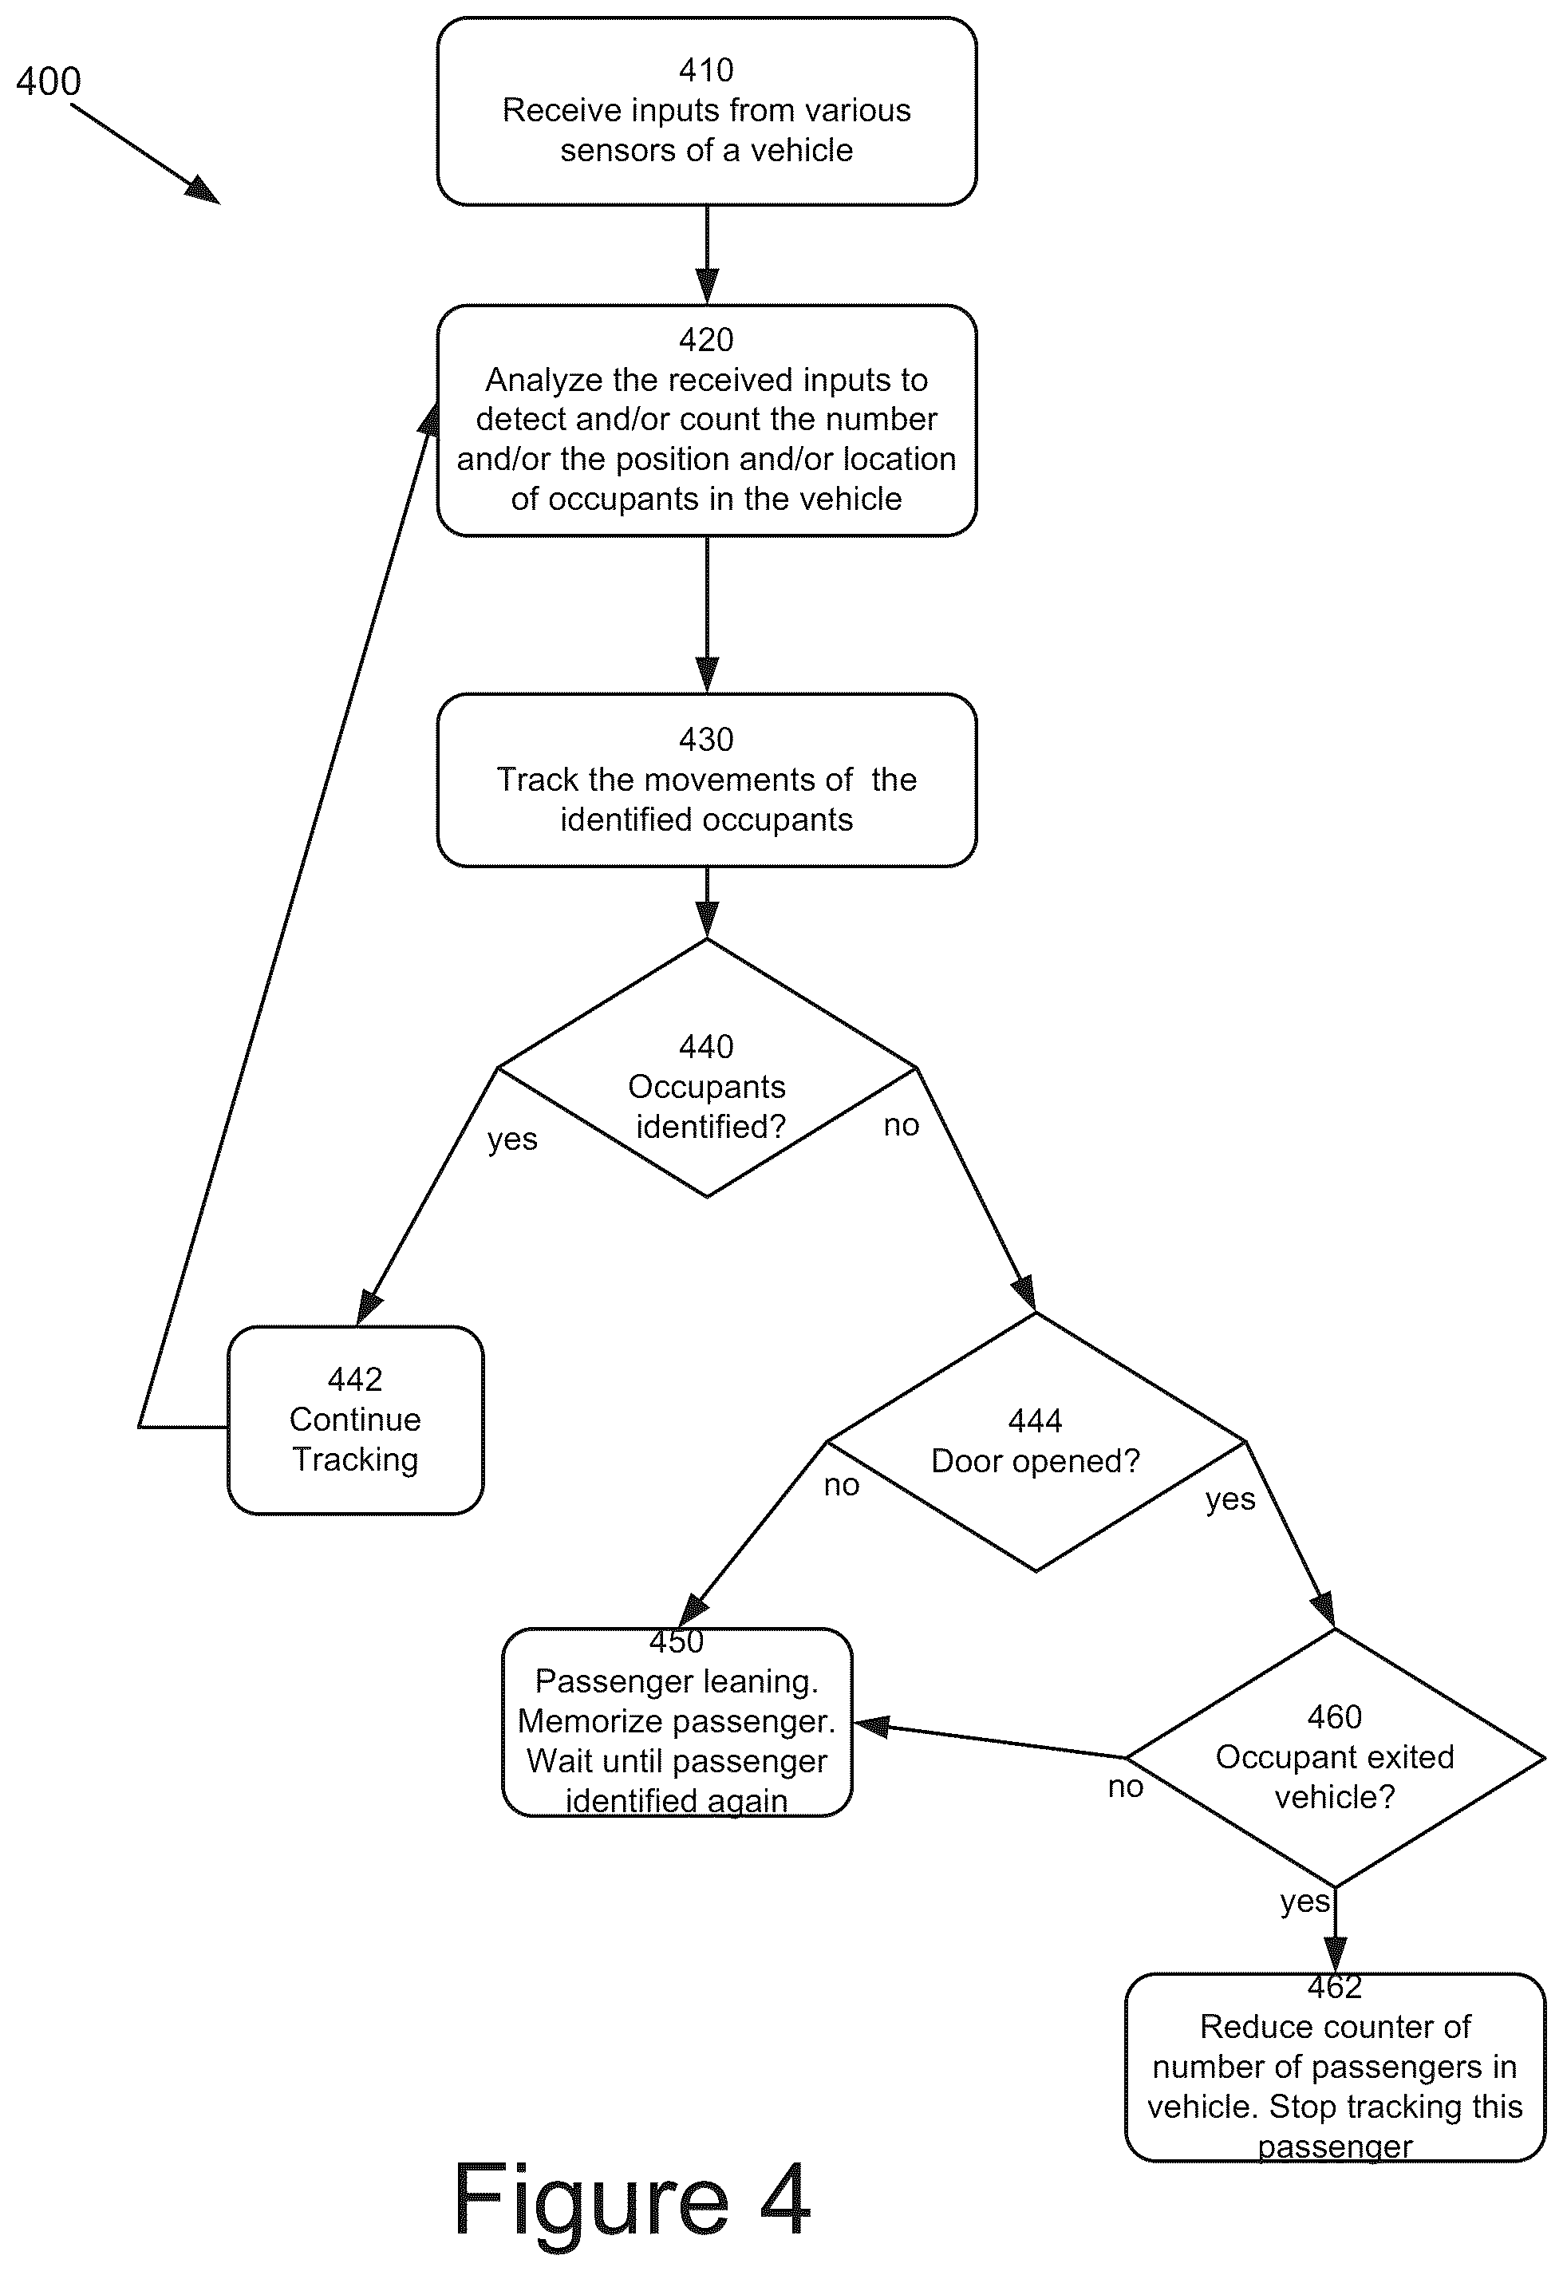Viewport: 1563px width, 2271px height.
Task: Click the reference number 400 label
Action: coord(48,81)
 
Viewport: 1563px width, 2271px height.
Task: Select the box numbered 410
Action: coord(706,111)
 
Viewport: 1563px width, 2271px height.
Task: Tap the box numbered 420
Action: coord(706,420)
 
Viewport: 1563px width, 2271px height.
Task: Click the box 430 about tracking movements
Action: coord(706,780)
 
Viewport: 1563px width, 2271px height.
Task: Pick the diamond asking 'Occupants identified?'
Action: coord(707,1068)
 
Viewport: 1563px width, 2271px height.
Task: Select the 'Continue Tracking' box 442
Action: coord(356,1420)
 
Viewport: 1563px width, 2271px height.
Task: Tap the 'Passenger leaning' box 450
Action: coord(677,1722)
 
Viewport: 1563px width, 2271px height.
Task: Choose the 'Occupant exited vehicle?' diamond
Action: coord(1335,1758)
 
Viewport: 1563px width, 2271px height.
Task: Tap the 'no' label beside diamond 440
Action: coord(901,1125)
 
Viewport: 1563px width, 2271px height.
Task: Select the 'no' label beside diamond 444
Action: coord(841,1486)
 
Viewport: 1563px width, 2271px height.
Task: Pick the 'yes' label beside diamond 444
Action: coord(1230,1499)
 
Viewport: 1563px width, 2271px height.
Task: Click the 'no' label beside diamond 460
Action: coord(1125,1787)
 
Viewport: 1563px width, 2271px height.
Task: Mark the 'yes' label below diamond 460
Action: coord(1304,1902)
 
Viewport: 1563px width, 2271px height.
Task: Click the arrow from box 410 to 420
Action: coord(706,255)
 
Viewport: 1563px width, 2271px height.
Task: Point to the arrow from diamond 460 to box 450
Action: coord(990,1740)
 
